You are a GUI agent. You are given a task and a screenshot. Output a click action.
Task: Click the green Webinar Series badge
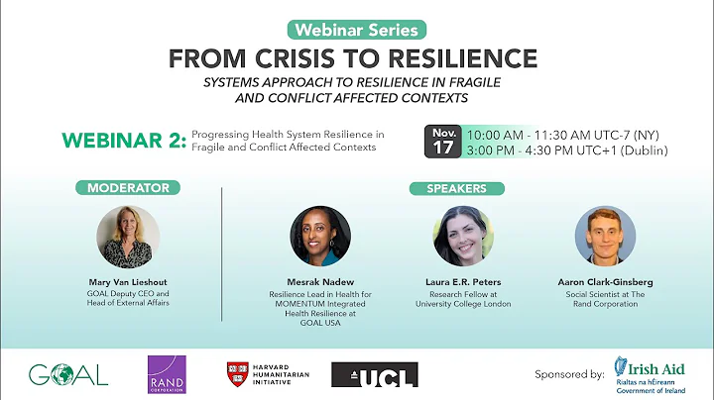point(357,31)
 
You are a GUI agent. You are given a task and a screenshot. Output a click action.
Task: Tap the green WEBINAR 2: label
point(123,141)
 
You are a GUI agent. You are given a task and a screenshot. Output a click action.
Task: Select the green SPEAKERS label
point(456,188)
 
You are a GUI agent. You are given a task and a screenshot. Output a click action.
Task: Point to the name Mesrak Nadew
point(319,282)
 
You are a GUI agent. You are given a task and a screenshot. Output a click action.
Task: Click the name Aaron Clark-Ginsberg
point(605,282)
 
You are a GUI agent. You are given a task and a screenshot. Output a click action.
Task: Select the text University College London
point(463,304)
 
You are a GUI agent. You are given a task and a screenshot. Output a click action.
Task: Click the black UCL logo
point(374,374)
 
